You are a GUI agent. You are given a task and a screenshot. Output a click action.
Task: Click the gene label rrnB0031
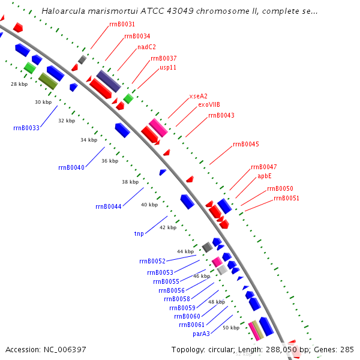click(122, 24)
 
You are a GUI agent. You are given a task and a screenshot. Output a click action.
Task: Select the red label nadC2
click(146, 47)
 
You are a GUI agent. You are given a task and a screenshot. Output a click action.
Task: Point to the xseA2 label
click(198, 96)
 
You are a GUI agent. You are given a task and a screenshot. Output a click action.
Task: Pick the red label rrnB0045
click(246, 144)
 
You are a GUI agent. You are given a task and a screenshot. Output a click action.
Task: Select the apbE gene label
click(265, 176)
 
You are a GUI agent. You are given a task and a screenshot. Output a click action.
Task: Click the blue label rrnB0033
click(26, 128)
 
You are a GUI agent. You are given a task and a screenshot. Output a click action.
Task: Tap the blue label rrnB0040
click(71, 167)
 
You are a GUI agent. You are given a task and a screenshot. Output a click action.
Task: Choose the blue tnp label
click(139, 233)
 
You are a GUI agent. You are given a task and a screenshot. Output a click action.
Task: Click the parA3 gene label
click(201, 334)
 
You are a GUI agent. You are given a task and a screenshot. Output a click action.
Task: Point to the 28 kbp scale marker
click(19, 85)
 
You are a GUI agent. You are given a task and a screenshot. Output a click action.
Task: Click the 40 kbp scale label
click(149, 205)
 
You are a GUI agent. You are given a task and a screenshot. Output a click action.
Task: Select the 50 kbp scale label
click(231, 328)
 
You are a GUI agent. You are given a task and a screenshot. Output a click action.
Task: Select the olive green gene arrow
click(47, 80)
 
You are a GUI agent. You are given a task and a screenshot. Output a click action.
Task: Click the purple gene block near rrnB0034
click(109, 81)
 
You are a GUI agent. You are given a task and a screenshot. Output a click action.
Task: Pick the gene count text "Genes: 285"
click(338, 349)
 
